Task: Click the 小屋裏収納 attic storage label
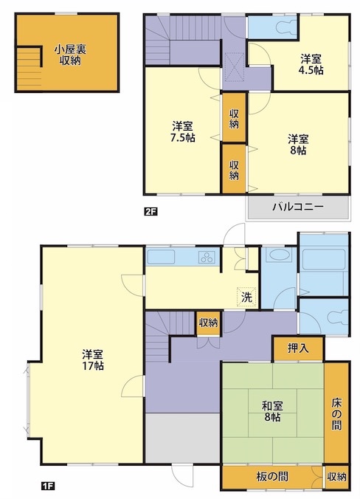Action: click(x=70, y=55)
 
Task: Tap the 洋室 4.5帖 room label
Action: click(x=312, y=64)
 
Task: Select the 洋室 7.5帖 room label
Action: click(x=183, y=131)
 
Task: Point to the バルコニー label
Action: click(x=298, y=207)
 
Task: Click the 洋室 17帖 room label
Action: click(x=93, y=360)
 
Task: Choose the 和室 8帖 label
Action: click(x=272, y=411)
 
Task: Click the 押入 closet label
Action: click(x=298, y=348)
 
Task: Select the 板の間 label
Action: click(x=272, y=476)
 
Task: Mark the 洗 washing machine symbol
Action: click(x=247, y=297)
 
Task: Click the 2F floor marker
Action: click(x=150, y=212)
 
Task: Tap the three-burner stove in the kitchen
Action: click(x=207, y=258)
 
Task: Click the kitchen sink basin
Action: click(x=162, y=257)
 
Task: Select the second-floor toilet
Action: click(x=286, y=27)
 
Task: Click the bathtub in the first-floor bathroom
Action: click(x=324, y=259)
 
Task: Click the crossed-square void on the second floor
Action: click(x=235, y=67)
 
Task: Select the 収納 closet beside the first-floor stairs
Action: click(x=208, y=323)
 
